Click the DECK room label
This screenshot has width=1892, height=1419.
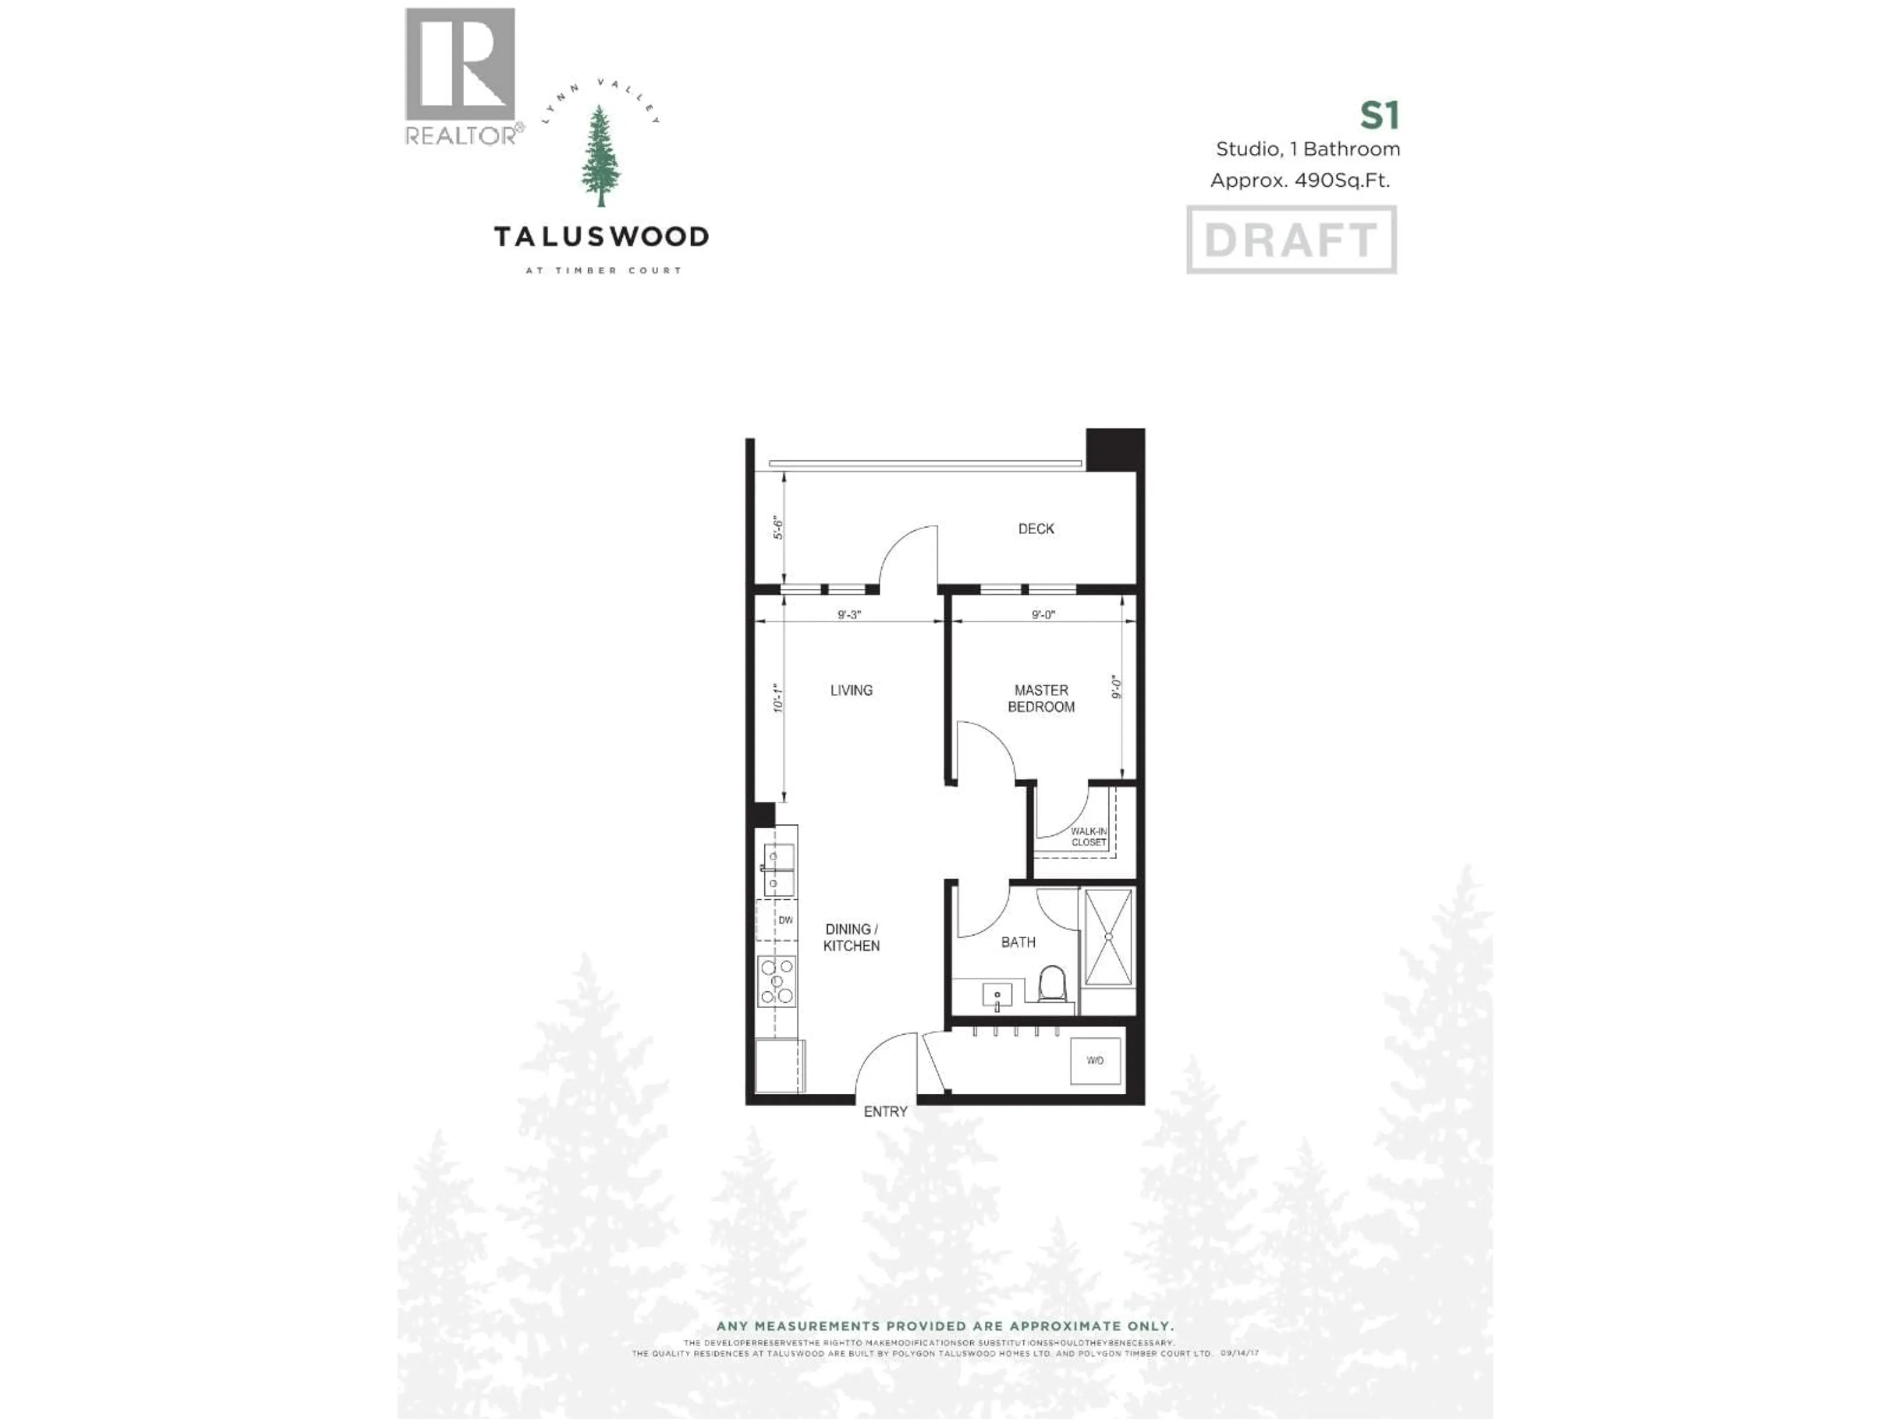(x=1036, y=529)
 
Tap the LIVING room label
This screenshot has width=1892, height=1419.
(x=851, y=690)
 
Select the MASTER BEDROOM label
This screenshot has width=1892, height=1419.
(x=1041, y=698)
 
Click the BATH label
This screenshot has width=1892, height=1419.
(x=1018, y=942)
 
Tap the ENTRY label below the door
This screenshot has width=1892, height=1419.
(x=885, y=1111)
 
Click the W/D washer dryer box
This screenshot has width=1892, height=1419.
(x=1095, y=1061)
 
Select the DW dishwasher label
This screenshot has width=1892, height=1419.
(x=785, y=920)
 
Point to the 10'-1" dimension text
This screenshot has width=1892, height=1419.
(x=777, y=698)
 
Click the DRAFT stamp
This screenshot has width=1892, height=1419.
(x=1291, y=239)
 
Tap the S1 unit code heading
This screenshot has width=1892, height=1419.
(x=1379, y=115)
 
